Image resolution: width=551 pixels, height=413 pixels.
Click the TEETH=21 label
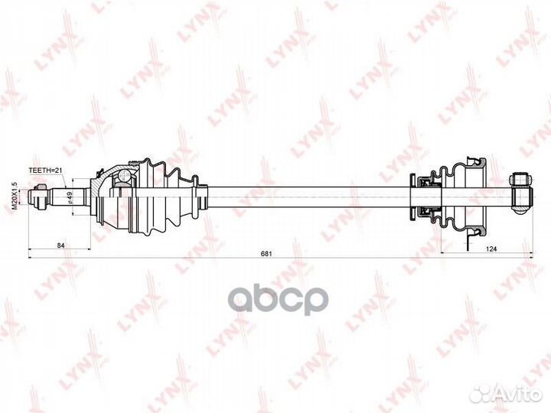44,172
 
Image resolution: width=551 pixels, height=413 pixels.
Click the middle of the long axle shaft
306,197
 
